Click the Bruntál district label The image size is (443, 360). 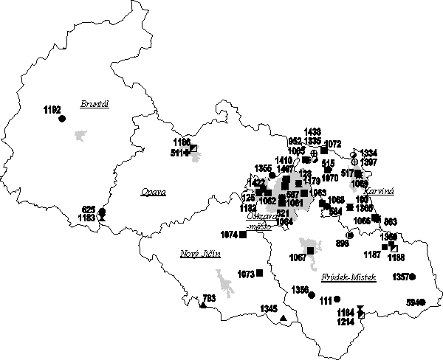point(96,105)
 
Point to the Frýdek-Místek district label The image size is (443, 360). point(349,277)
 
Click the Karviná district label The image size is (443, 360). point(380,191)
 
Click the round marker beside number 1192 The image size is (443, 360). point(62,117)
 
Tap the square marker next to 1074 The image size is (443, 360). point(243,235)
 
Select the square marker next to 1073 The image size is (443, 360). point(258,274)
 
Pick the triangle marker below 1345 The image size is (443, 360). point(284,318)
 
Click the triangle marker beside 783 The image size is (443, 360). point(202,305)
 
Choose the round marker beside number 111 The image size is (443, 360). point(337,299)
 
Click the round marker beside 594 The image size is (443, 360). point(425,302)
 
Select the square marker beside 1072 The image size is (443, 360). point(324,150)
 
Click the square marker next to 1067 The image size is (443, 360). point(311,251)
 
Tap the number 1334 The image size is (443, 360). point(369,152)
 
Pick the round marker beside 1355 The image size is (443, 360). point(273,175)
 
